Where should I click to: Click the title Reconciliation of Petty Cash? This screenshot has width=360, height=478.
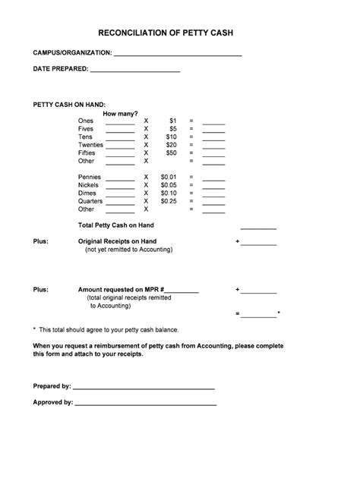tap(180, 34)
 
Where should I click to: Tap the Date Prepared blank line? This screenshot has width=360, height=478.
tap(134, 70)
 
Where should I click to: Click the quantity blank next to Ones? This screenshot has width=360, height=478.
tap(120, 122)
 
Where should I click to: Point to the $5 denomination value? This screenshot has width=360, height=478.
tap(172, 128)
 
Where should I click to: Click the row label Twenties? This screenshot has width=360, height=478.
tap(90, 144)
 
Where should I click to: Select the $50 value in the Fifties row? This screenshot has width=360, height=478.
tap(171, 153)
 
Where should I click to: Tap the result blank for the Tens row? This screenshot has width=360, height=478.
tap(213, 138)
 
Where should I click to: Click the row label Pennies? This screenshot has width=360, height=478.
tap(89, 177)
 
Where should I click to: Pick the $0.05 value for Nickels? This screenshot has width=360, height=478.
tap(169, 184)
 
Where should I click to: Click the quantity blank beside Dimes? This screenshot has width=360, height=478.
tap(120, 194)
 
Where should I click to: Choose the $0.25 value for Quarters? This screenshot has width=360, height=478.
tap(169, 201)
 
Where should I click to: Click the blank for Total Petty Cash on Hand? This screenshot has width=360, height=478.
tap(258, 227)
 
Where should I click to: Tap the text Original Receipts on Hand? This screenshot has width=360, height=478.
tap(117, 241)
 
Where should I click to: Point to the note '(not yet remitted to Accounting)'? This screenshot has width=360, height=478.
tap(128, 249)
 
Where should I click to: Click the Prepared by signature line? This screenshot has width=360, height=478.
tap(144, 388)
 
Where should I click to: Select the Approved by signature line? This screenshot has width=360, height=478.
tap(145, 404)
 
